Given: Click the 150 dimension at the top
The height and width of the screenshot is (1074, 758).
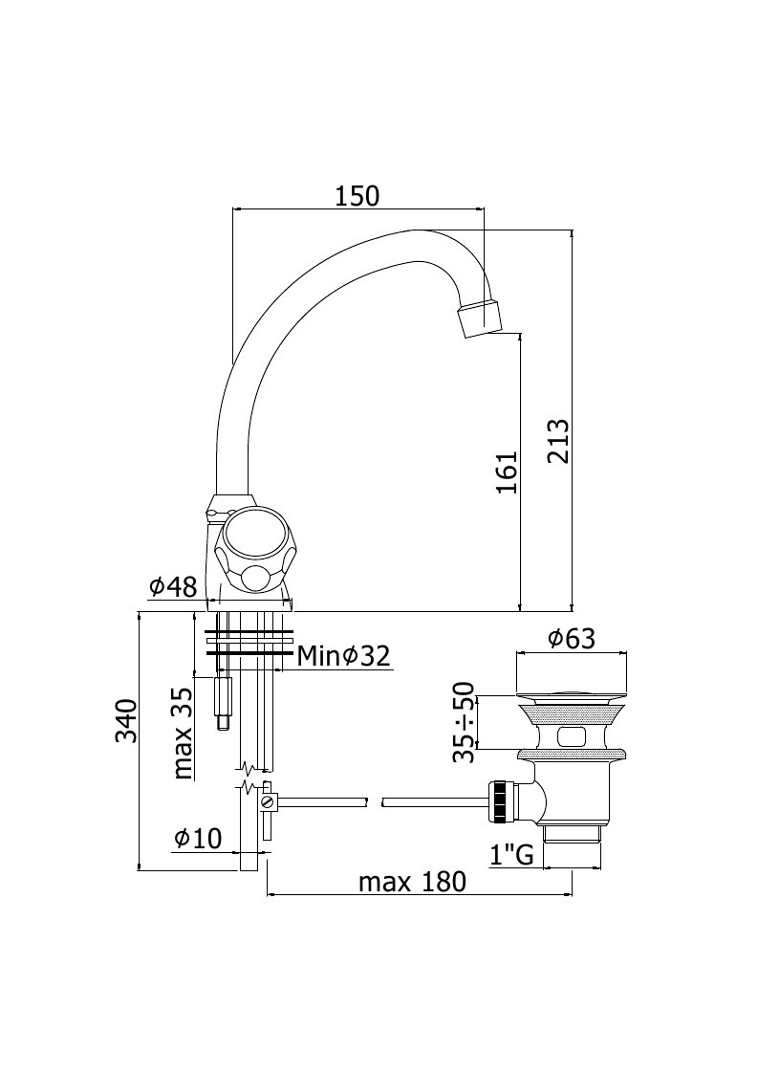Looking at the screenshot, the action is [357, 196].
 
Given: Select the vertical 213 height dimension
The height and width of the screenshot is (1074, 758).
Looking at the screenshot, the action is [559, 441].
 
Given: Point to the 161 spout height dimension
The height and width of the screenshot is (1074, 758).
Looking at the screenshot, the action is [507, 472].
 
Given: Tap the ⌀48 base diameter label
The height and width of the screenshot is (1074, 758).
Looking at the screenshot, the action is [173, 587].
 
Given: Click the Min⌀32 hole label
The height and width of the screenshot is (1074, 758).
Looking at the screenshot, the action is [344, 657].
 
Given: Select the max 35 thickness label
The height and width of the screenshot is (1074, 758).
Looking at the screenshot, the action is [183, 734].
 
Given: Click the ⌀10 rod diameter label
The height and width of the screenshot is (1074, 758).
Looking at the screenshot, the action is [199, 838].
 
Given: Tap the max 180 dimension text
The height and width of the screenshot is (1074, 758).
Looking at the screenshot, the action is [412, 882].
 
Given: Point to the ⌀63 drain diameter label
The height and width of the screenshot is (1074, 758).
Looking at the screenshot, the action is [572, 638].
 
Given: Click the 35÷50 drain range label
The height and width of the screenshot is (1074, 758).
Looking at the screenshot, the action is [464, 722].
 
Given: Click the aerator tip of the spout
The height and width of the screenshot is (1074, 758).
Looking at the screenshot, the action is [482, 318].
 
